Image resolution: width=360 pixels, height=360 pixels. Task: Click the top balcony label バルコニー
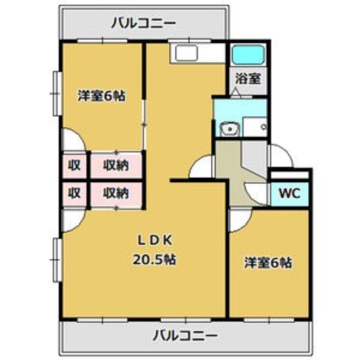pyautogui.click(x=144, y=23)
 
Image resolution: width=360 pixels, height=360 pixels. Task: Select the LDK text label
pyautogui.click(x=155, y=241)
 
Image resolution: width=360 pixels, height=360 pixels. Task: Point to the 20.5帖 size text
pyautogui.click(x=154, y=260)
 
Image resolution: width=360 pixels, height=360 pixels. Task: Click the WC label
pyautogui.click(x=290, y=193)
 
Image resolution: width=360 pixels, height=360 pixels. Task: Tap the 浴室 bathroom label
pyautogui.click(x=248, y=79)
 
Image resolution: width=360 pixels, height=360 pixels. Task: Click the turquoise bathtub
pyautogui.click(x=248, y=54)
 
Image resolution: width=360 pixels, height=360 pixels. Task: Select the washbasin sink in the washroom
pyautogui.click(x=229, y=129)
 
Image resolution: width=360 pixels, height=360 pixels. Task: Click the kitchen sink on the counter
pyautogui.click(x=186, y=53)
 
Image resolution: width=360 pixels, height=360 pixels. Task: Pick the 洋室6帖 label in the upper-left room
pyautogui.click(x=102, y=96)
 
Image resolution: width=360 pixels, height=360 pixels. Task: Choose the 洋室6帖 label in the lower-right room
pyautogui.click(x=268, y=263)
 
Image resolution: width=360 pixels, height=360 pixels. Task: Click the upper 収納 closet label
pyautogui.click(x=116, y=165)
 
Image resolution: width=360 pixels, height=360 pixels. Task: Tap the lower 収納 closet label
pyautogui.click(x=116, y=193)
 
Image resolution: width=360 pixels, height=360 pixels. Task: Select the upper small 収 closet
pyautogui.click(x=75, y=165)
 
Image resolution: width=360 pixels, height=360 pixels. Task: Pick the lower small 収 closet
pyautogui.click(x=75, y=193)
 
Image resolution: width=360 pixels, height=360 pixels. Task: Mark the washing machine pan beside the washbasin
pyautogui.click(x=255, y=127)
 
